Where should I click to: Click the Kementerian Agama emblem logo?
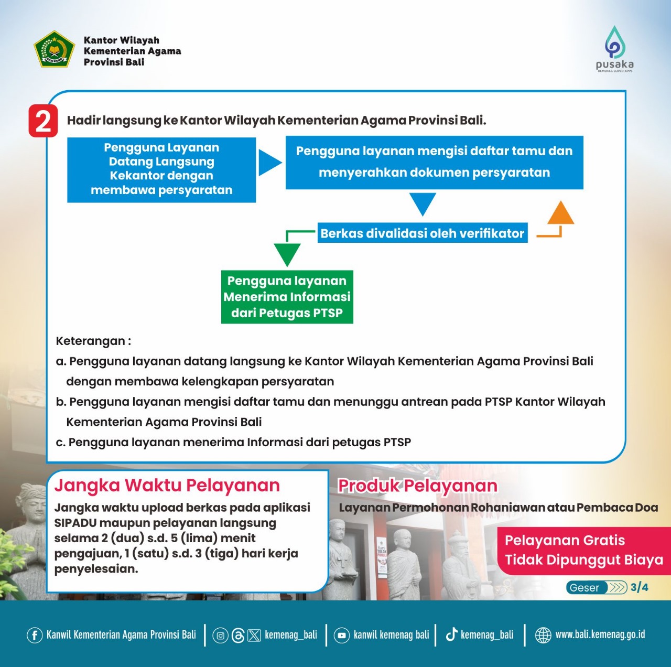point(54,49)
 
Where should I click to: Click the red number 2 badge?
point(43,121)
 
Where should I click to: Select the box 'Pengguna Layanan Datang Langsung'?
point(161,169)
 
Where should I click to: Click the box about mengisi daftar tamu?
point(434,162)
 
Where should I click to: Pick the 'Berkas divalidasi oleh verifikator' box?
point(422,233)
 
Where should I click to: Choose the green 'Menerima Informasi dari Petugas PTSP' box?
point(287,297)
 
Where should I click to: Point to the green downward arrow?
point(287,254)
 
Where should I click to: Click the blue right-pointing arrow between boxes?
point(269,162)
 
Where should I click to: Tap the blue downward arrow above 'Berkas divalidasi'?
point(423,203)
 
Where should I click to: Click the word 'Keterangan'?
point(91,341)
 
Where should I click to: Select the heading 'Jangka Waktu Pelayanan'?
point(167,486)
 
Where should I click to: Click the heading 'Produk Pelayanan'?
point(417,486)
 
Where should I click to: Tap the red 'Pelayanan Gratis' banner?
point(583,550)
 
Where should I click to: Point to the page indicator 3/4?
point(640,587)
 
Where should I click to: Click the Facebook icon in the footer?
point(35,636)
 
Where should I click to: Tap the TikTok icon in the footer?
point(451,635)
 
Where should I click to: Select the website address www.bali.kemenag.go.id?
point(600,635)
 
